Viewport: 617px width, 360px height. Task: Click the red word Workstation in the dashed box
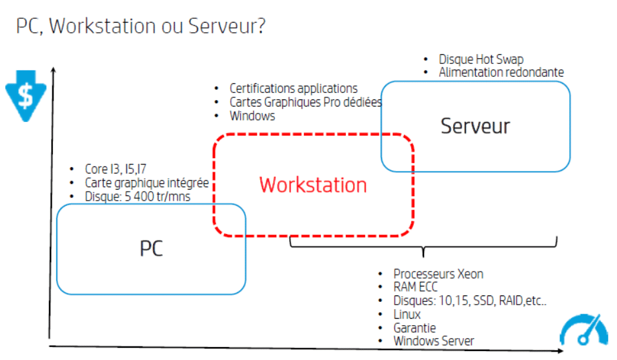(x=313, y=185)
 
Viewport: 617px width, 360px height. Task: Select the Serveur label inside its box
(x=475, y=126)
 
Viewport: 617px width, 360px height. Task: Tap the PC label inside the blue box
(x=152, y=248)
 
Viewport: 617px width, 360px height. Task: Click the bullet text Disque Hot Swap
(x=481, y=59)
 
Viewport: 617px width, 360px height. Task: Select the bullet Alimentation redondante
(x=501, y=72)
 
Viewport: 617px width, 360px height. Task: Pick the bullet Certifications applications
(x=293, y=88)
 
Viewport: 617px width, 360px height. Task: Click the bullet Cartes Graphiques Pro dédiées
(x=305, y=102)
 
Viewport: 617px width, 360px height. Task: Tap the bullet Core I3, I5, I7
(x=116, y=170)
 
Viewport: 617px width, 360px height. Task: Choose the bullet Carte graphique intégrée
(x=147, y=183)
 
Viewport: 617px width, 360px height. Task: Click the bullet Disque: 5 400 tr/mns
(x=137, y=197)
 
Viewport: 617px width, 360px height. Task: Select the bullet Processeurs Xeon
(x=438, y=274)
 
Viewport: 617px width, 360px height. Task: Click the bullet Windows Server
(x=434, y=341)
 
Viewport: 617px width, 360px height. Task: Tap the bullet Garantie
(x=416, y=328)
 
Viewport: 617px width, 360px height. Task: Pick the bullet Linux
(x=407, y=314)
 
